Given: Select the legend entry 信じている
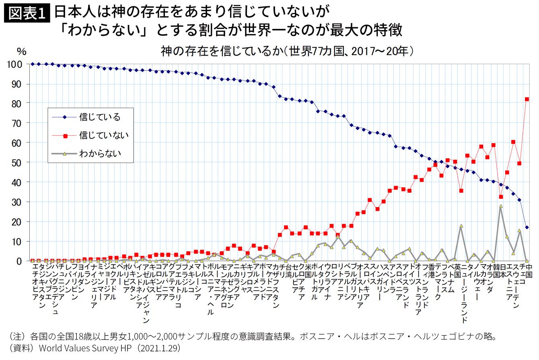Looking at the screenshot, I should [100, 117].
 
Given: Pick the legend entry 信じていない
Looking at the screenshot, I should [104, 135].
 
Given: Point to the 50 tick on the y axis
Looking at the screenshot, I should [20, 162].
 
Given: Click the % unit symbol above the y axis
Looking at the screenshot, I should [21, 51].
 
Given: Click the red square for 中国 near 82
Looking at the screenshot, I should [527, 99].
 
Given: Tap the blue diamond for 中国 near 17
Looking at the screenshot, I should [527, 227].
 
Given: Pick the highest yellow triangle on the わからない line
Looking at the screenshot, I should [501, 206].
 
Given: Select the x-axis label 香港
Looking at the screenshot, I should [430, 272].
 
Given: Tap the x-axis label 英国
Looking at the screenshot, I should [458, 272].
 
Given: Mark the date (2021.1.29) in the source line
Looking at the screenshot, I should [158, 347].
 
